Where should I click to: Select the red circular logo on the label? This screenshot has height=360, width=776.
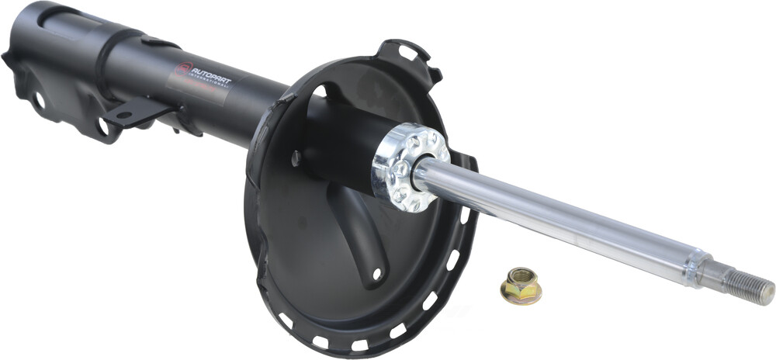tap(182, 70)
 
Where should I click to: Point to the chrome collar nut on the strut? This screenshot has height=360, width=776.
tap(410, 166)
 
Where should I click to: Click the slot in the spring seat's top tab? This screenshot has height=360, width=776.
tap(407, 54)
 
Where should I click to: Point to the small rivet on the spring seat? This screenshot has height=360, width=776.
tap(296, 158)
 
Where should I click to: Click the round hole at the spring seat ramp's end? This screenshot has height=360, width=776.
tap(377, 273)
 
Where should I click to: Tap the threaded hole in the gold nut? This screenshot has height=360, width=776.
tap(521, 277)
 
